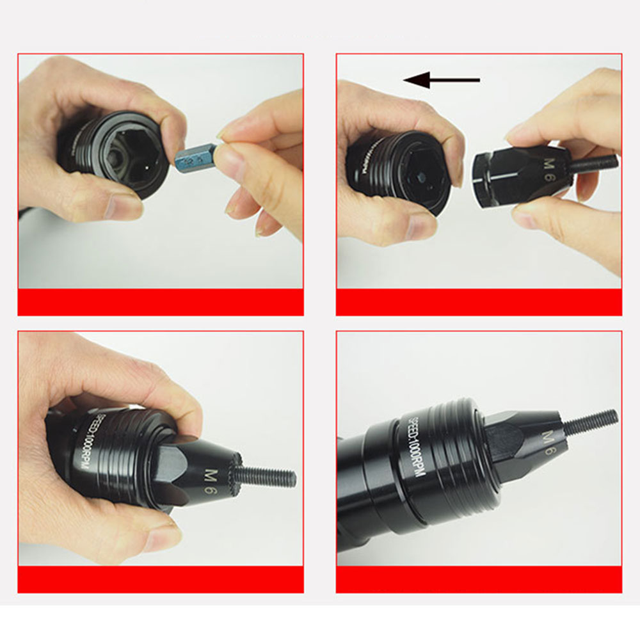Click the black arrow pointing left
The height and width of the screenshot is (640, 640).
[x=442, y=80]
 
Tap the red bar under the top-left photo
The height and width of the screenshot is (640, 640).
[x=160, y=301]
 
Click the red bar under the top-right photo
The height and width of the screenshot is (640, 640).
[x=479, y=301]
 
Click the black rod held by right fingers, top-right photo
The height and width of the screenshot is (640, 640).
[x=595, y=163]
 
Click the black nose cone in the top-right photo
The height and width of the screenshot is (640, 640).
[x=512, y=173]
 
